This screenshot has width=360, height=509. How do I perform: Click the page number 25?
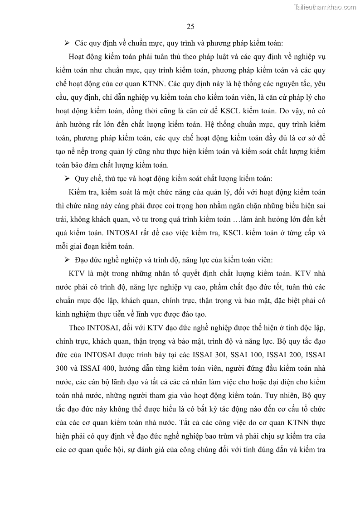(x=190, y=26)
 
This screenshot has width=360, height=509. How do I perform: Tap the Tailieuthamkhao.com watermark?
(x=326, y=7)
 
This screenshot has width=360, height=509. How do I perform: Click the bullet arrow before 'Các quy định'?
(x=66, y=43)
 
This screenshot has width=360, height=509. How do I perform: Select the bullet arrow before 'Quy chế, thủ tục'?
(x=66, y=179)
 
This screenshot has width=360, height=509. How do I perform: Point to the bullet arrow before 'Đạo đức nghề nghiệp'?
(x=66, y=260)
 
